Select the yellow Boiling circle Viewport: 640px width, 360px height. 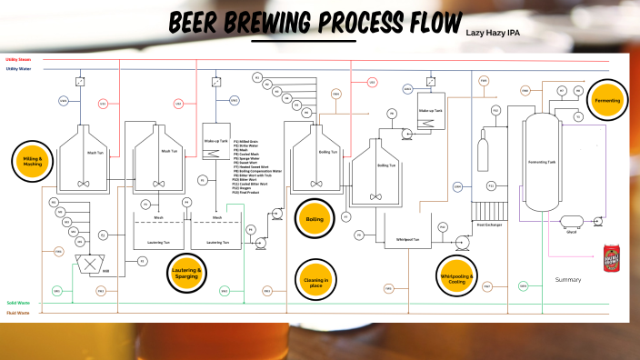click(315, 218)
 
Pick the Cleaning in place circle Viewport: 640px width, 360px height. click(315, 279)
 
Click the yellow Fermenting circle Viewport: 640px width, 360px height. click(605, 100)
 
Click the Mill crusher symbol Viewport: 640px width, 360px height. click(87, 265)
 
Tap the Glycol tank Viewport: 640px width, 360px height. click(570, 221)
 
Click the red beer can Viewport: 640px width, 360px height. click(611, 256)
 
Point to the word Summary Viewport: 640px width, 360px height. click(568, 280)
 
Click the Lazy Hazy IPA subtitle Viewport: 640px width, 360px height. click(493, 33)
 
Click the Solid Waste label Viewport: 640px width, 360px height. click(17, 303)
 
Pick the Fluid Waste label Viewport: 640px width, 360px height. click(17, 313)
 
